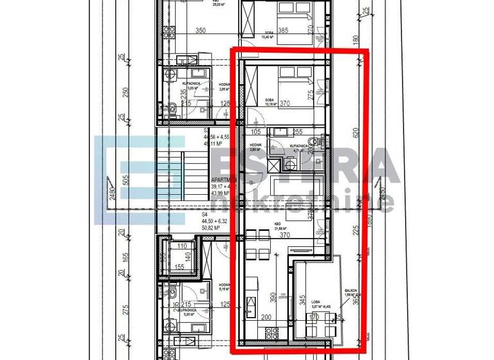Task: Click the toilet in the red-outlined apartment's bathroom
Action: pyautogui.click(x=314, y=142)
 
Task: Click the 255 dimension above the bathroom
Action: pyautogui.click(x=297, y=132)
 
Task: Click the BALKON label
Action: pyautogui.click(x=351, y=291)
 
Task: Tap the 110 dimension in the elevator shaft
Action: pyautogui.click(x=181, y=246)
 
